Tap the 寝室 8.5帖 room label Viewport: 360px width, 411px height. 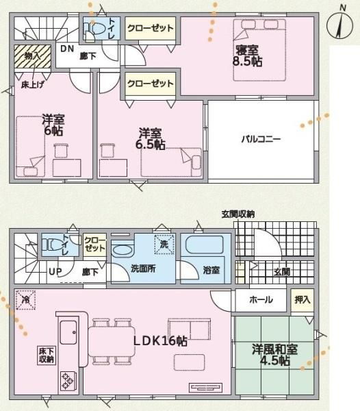[x=247, y=56]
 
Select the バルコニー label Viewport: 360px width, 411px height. [x=261, y=139]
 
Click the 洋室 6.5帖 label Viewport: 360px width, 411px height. [x=150, y=138]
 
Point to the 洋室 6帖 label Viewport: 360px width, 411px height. [x=53, y=125]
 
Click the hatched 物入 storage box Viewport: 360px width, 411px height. [x=32, y=57]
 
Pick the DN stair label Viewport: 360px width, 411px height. [x=67, y=49]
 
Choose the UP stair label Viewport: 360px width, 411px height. [x=55, y=271]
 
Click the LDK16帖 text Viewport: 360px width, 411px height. [x=160, y=340]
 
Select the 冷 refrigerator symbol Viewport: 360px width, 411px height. [x=25, y=300]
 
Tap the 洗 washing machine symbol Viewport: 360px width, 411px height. [x=164, y=245]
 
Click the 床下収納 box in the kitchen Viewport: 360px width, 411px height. [x=47, y=355]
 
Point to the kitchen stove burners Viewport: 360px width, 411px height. [x=68, y=381]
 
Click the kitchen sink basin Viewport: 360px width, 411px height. [x=68, y=332]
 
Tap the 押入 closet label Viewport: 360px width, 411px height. [x=303, y=300]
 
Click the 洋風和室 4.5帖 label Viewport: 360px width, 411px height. [x=274, y=355]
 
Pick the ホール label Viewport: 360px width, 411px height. [x=261, y=299]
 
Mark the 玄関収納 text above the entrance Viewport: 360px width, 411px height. [x=238, y=214]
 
